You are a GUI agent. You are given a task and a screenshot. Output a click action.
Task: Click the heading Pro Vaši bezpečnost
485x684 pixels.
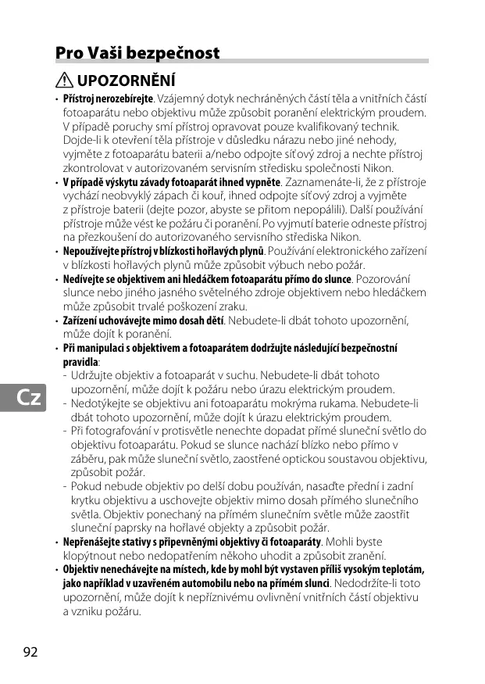[x=137, y=53]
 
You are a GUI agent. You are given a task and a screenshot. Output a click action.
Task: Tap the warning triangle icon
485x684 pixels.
[x=65, y=80]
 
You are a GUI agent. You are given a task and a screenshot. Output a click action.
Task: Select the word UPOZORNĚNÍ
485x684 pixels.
[x=126, y=80]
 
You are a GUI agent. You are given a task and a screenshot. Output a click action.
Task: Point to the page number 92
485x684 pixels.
[x=30, y=651]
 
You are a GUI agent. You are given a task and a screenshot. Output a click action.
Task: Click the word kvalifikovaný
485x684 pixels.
[x=316, y=127]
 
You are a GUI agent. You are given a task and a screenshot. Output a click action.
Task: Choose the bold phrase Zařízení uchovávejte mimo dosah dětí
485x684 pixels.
[x=143, y=321]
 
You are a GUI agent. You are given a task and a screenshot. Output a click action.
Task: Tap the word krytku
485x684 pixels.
[x=87, y=500]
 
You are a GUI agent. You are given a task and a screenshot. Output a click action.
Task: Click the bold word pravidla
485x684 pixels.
[x=80, y=362]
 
